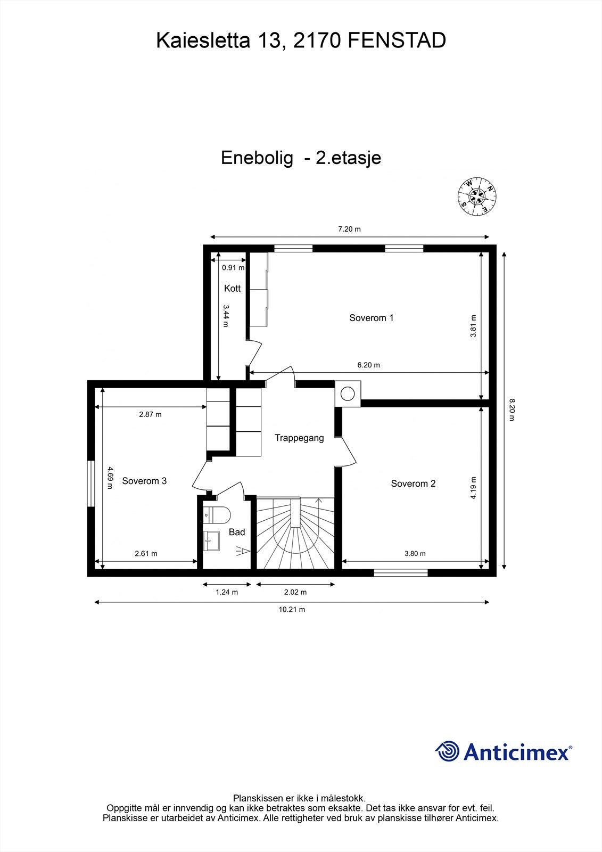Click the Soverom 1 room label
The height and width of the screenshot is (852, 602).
point(371,318)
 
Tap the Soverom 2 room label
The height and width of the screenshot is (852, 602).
point(413,484)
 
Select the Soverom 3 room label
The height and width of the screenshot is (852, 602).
point(144,481)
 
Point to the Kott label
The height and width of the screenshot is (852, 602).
point(232,289)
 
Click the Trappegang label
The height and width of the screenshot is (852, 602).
point(299,438)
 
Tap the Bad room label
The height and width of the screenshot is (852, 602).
point(237,532)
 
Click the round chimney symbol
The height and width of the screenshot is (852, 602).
point(348,394)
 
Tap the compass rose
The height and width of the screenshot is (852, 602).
point(477,196)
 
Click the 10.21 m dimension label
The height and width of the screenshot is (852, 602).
point(292,610)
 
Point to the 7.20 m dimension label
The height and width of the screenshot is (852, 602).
point(349,230)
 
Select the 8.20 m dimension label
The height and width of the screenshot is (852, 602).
point(511,409)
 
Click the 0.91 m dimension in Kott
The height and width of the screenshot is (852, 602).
point(233,268)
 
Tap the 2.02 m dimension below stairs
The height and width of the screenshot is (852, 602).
point(295,592)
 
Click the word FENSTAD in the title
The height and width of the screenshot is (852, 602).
point(397,41)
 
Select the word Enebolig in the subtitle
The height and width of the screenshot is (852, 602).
point(258,158)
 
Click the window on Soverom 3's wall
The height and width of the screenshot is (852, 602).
point(92,483)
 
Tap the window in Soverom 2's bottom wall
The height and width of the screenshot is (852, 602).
point(400,573)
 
